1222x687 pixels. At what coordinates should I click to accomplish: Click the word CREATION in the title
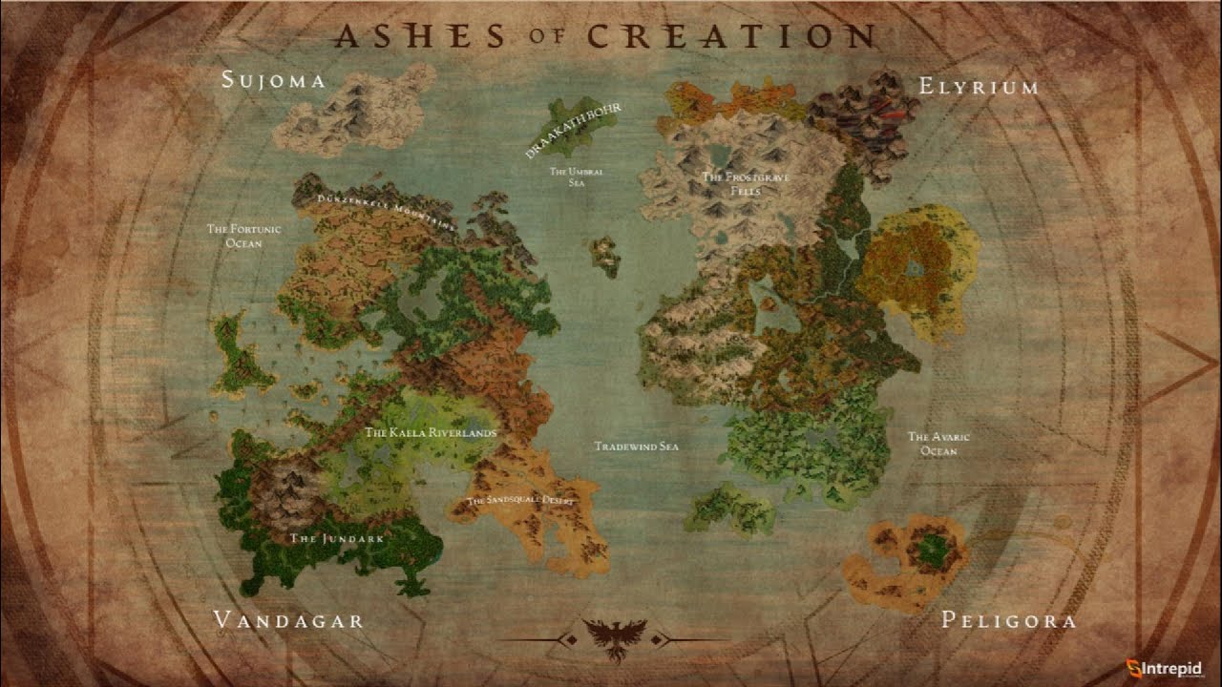click(x=730, y=36)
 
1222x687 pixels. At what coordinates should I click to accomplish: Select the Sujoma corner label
click(x=273, y=80)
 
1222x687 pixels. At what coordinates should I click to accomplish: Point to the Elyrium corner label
click(x=979, y=87)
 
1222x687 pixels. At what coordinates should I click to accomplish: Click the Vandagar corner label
click(x=289, y=621)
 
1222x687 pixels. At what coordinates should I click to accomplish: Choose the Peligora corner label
click(x=1008, y=621)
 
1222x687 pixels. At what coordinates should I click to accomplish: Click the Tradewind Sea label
click(x=636, y=447)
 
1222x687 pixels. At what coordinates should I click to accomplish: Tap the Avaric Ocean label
click(x=938, y=444)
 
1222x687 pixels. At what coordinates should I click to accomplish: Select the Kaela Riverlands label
click(x=432, y=433)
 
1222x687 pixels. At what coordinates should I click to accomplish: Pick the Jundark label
click(x=336, y=539)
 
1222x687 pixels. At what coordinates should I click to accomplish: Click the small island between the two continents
click(x=604, y=256)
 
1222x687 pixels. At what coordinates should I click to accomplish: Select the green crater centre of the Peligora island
click(x=931, y=550)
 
